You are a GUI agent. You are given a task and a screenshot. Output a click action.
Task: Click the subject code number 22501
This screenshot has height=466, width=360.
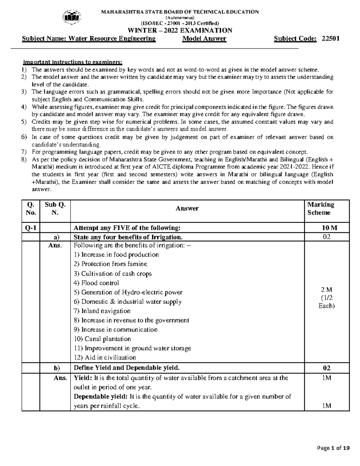coord(330,38)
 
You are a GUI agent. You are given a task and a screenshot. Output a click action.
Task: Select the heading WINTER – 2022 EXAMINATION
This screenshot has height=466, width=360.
coord(180,30)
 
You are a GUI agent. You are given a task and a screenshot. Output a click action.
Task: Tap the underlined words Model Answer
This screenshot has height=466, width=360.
coord(204,38)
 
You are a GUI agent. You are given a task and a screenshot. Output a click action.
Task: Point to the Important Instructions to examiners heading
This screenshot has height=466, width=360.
coord(73,62)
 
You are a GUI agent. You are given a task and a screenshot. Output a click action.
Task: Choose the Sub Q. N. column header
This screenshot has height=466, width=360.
coord(55,209)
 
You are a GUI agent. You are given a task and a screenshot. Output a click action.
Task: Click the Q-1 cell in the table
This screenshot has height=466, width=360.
coord(31,228)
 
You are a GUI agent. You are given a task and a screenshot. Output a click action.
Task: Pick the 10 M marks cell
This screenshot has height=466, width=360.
coord(327,228)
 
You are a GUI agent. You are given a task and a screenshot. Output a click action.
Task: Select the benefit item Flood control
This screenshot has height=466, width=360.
coord(96,283)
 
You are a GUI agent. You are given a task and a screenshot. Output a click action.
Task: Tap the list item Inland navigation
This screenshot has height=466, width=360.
coord(102,311)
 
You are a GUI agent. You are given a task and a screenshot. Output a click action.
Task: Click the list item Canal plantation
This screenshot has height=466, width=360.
coord(102,339)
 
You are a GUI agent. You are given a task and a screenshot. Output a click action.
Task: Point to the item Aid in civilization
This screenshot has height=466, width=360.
coord(105,358)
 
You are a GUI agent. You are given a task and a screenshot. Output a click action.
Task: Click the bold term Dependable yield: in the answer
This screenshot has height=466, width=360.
coord(100,397)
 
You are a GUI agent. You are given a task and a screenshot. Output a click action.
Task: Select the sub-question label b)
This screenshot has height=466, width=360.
coord(55,368)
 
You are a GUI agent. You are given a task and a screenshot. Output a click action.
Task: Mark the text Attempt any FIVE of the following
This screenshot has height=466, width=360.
coord(127,228)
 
